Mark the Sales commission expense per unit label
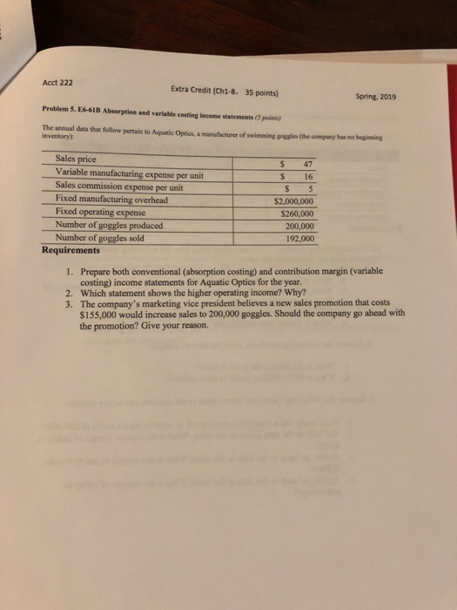pyautogui.click(x=118, y=185)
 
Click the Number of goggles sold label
pyautogui.click(x=99, y=237)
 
